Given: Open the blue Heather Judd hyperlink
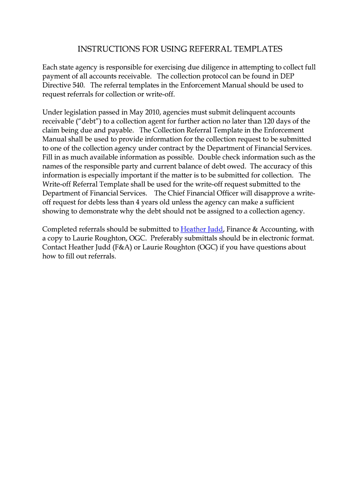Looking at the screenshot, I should (202, 229).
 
